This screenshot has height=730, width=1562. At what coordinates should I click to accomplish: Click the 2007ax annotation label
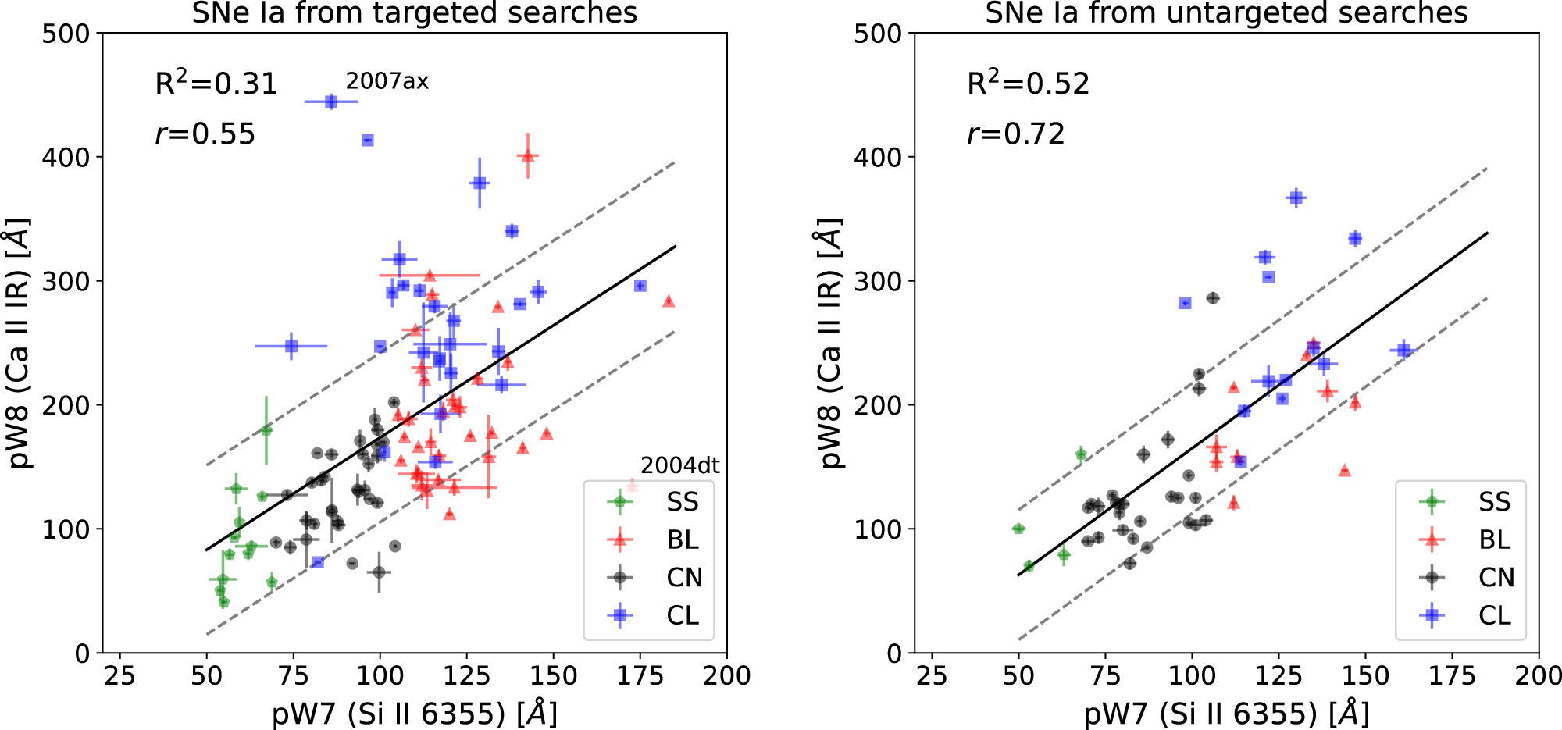click(x=387, y=81)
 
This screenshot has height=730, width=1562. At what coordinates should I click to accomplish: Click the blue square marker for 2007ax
click(x=331, y=101)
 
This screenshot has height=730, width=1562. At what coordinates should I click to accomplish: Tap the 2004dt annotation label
click(x=679, y=465)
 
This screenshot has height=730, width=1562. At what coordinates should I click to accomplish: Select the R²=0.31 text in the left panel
click(x=216, y=84)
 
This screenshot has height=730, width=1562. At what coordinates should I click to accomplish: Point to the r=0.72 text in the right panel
click(x=1015, y=134)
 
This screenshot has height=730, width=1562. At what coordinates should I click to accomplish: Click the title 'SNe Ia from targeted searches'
click(x=414, y=13)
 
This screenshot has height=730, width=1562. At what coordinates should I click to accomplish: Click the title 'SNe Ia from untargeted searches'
click(x=1226, y=13)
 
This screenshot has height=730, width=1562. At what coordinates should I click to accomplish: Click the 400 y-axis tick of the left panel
click(x=66, y=157)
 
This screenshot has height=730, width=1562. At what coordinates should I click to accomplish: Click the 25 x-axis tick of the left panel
click(x=119, y=675)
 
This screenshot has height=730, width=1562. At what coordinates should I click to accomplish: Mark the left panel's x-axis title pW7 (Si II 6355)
click(x=414, y=714)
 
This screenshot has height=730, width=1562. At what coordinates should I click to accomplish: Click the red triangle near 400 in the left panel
click(x=528, y=155)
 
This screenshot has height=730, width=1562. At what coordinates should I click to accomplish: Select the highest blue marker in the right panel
click(x=1296, y=198)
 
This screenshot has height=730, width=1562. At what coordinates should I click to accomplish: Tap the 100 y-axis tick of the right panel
click(x=878, y=529)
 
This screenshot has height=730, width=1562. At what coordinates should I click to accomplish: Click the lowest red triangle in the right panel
click(x=1233, y=502)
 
